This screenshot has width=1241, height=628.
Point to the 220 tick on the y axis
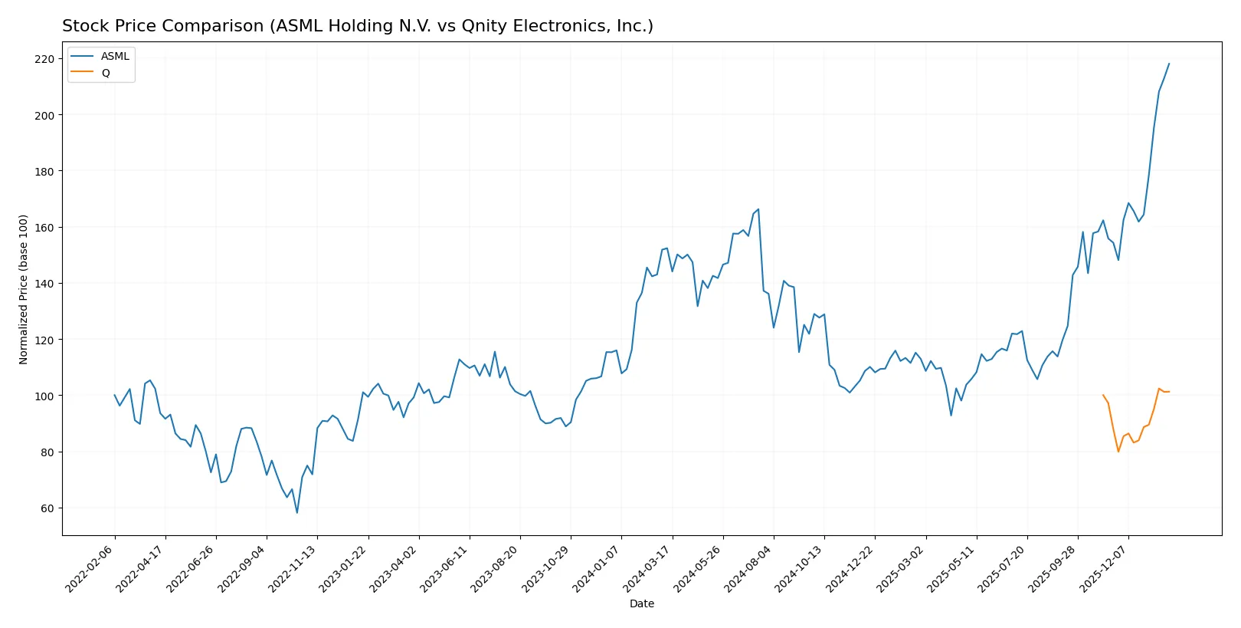44,59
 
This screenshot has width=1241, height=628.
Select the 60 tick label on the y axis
47,508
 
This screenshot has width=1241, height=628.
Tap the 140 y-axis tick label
44,284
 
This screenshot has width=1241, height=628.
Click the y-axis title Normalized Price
23,289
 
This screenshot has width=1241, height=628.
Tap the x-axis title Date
641,603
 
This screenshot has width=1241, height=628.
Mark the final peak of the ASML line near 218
1169,64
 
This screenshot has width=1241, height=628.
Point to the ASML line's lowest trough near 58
297,513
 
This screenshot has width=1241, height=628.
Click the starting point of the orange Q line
1103,395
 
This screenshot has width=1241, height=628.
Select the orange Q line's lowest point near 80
1118,451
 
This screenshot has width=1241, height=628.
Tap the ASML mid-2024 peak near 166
758,209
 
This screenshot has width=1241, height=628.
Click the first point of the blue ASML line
115,395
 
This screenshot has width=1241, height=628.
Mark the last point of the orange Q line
1169,392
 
